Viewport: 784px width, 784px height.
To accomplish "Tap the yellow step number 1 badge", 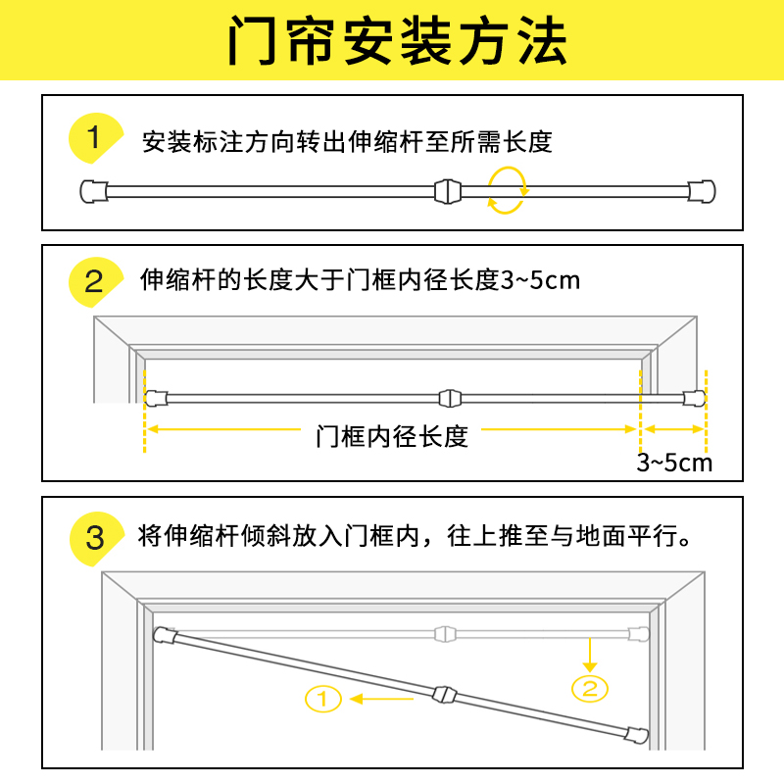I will click(x=94, y=139).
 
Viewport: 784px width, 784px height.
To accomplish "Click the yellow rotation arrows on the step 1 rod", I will click(x=508, y=189).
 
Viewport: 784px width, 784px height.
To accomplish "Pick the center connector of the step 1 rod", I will click(x=446, y=190).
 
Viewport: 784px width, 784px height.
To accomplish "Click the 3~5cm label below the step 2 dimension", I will click(x=674, y=463).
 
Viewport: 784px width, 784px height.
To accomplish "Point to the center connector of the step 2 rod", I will click(x=448, y=398).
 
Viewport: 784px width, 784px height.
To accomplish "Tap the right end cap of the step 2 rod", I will click(x=694, y=398).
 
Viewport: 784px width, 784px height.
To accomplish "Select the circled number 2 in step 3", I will click(x=589, y=687).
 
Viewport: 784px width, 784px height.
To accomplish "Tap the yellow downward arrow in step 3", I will click(x=589, y=651).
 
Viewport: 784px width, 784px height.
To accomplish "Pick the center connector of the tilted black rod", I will click(x=444, y=696).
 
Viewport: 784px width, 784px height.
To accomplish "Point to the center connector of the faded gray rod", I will click(x=447, y=632).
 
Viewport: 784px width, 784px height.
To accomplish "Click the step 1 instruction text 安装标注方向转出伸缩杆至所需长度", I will click(x=347, y=142).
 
